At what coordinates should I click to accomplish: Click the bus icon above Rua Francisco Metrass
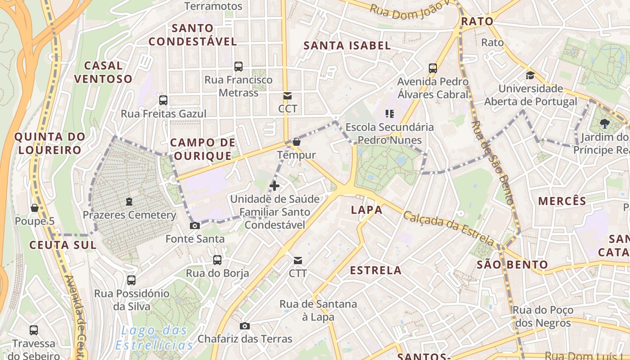[238, 67]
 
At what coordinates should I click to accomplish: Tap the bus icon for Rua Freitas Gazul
[163, 100]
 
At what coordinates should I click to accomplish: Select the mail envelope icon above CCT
[288, 96]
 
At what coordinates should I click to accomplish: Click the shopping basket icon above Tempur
[296, 142]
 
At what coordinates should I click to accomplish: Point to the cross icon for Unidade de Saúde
[274, 185]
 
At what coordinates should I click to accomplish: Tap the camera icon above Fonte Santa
[195, 225]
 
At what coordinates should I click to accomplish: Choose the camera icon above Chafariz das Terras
[245, 326]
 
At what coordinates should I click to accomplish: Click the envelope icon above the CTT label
[297, 260]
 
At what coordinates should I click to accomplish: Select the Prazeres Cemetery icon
[129, 202]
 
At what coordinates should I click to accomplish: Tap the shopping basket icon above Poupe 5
[34, 208]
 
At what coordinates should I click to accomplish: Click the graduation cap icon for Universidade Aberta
[531, 75]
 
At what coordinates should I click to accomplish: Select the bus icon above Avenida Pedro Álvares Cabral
[433, 68]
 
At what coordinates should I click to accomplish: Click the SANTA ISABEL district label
[347, 45]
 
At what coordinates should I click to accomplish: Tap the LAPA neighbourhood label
[366, 210]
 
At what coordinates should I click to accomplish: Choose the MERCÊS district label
[562, 201]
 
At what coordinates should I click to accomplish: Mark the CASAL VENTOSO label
[103, 72]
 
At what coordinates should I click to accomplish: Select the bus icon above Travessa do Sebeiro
[34, 330]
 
